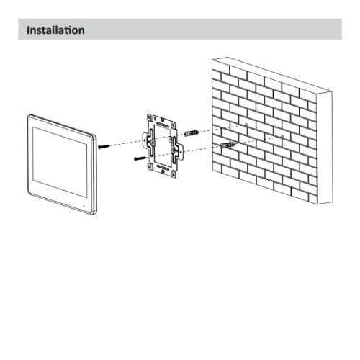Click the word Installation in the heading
pos(55,30)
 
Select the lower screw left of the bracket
pos(138,160)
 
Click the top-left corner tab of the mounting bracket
pos(150,117)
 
